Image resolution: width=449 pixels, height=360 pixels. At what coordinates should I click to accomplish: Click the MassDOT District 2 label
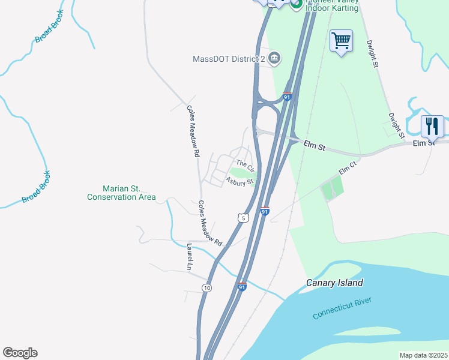click(x=229, y=59)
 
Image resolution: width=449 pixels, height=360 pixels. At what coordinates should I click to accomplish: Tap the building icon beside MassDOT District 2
click(x=274, y=58)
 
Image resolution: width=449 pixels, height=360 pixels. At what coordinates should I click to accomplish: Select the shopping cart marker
click(x=341, y=41)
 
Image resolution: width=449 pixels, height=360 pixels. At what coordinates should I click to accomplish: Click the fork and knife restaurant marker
click(x=432, y=126)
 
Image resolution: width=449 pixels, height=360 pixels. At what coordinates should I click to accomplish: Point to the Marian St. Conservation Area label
click(x=121, y=193)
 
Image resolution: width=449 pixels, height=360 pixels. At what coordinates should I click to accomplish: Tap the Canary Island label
click(x=334, y=283)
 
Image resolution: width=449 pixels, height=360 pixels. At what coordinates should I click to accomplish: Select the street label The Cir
click(x=246, y=164)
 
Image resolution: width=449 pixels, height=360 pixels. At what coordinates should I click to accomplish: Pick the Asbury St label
click(x=241, y=181)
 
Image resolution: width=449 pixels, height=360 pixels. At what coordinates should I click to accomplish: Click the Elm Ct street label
click(x=348, y=170)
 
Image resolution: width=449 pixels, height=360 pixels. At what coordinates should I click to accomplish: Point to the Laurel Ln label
click(x=190, y=257)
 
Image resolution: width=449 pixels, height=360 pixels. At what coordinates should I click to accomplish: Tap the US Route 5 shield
click(x=243, y=218)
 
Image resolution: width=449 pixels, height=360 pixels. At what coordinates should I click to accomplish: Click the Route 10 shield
click(x=206, y=288)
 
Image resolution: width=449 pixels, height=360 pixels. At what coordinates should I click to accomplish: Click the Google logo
click(x=20, y=353)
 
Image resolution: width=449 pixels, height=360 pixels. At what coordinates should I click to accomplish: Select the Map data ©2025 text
click(x=423, y=355)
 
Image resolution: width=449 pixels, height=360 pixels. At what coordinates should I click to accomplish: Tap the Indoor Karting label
click(x=332, y=8)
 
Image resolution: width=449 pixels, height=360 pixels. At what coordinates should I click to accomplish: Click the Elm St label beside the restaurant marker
click(x=423, y=143)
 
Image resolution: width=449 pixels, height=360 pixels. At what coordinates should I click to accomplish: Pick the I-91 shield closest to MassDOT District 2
click(x=288, y=97)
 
